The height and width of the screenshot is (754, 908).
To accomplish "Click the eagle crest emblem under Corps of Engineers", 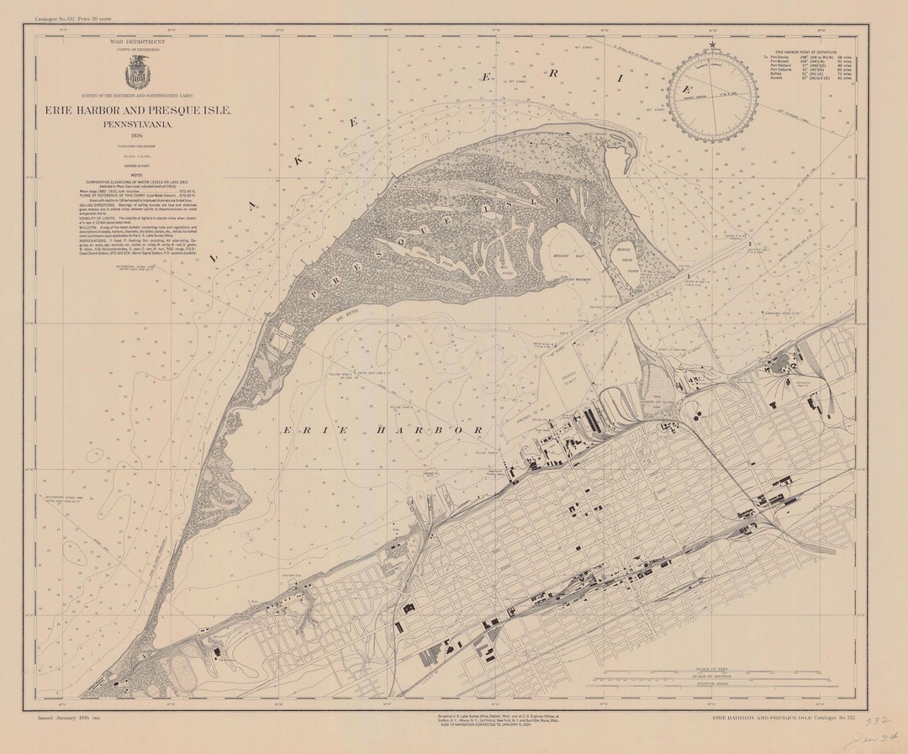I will coord(138,73).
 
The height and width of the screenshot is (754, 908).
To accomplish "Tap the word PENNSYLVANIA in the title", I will coord(138,124).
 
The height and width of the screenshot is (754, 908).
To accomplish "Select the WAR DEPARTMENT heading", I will coord(137,40).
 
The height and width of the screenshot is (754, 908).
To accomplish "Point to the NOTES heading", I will coord(137,175).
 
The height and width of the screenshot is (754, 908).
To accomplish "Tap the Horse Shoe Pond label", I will coord(628,261).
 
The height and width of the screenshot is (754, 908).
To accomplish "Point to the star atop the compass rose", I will coord(712,45).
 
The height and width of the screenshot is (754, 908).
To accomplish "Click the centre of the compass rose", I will coord(712,97).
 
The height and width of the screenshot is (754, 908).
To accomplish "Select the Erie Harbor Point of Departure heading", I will coord(806,51).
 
